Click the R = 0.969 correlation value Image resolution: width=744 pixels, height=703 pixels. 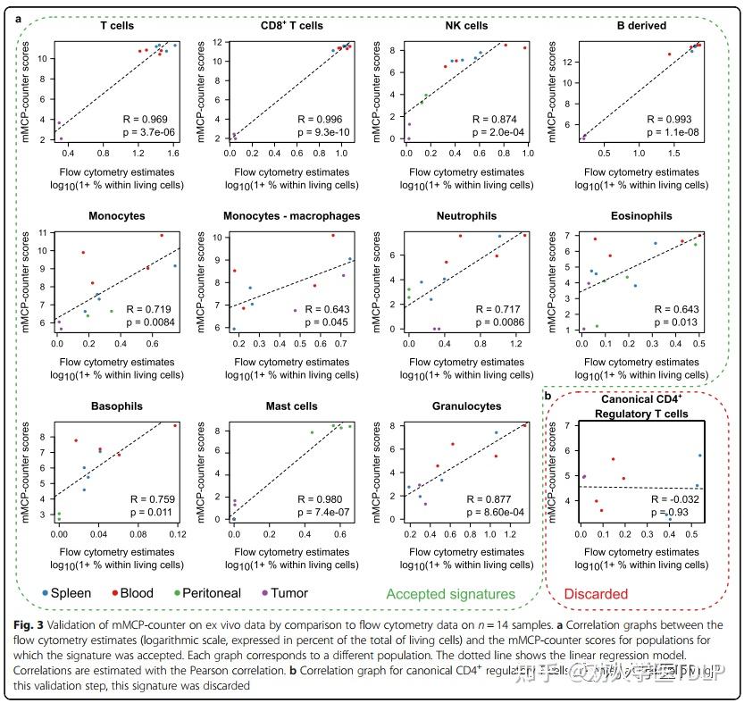coord(145,119)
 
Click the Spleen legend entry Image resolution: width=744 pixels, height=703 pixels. coord(63,593)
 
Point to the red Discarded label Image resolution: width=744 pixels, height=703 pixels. coord(598,594)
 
